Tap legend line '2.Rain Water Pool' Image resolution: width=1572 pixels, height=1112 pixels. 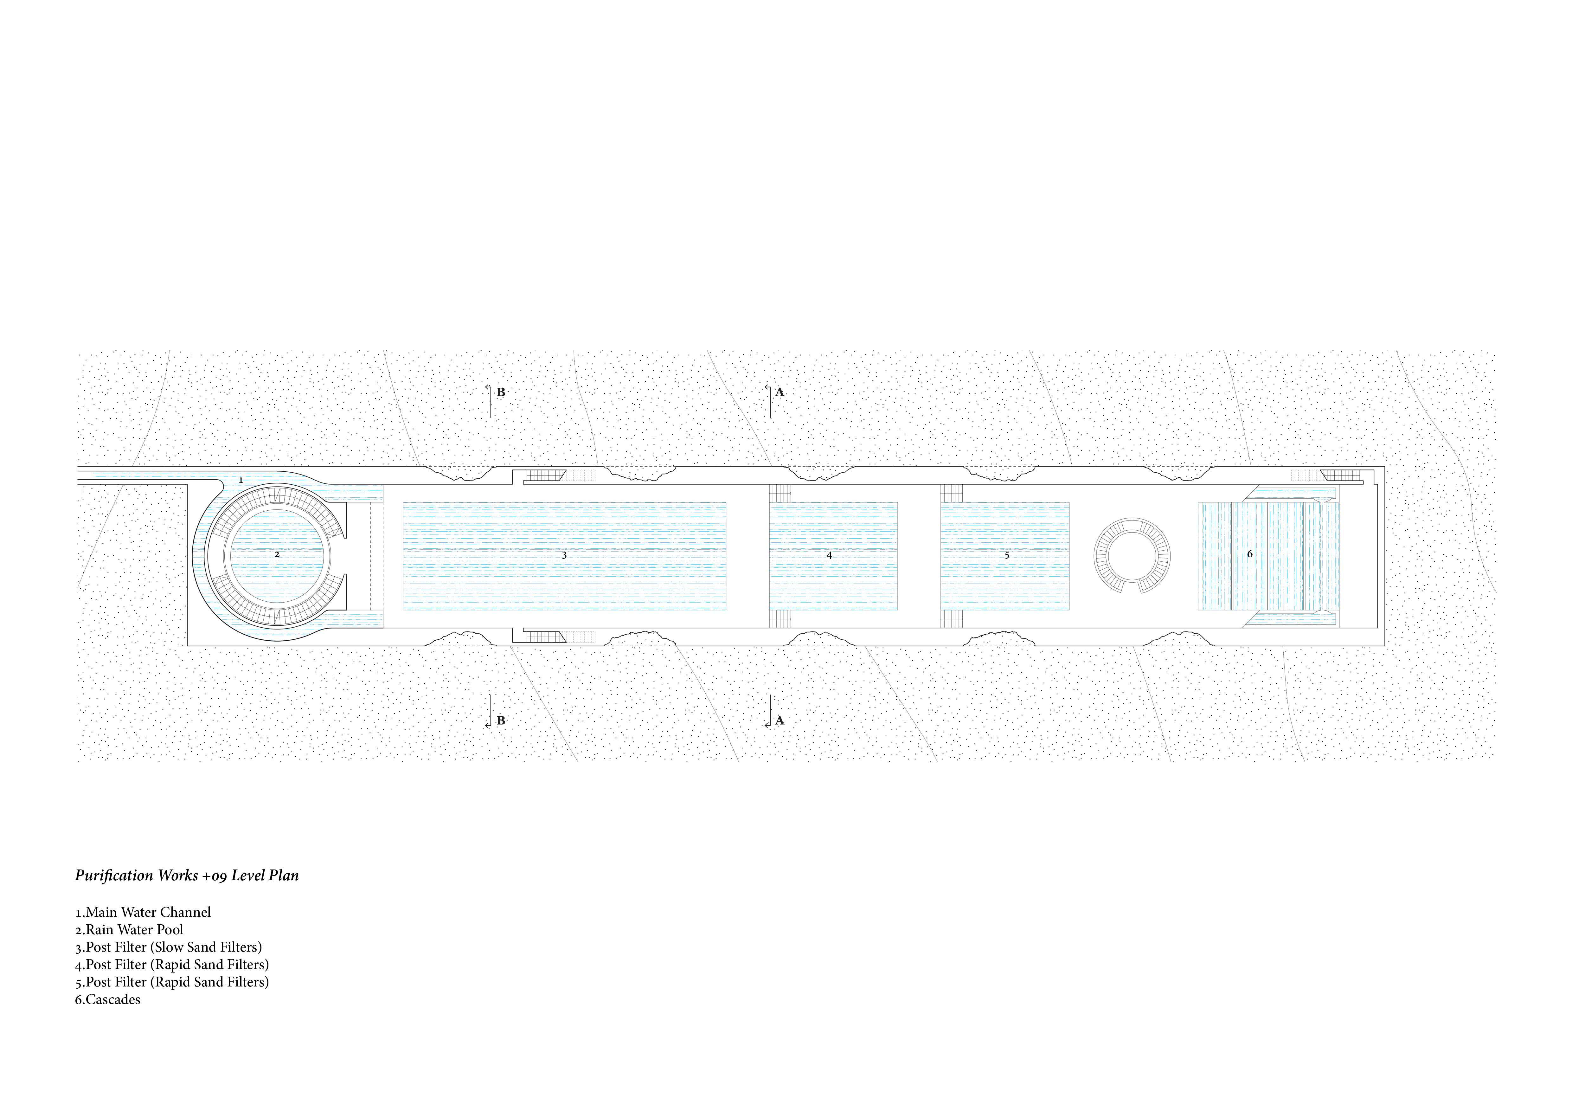point(129,930)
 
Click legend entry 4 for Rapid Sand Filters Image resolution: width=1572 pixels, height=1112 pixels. point(172,965)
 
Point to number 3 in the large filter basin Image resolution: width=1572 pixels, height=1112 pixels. point(564,555)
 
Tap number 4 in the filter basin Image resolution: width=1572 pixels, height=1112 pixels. point(829,555)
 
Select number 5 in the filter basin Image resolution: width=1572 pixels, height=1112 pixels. point(1006,555)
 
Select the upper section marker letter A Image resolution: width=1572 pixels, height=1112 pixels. point(779,392)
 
